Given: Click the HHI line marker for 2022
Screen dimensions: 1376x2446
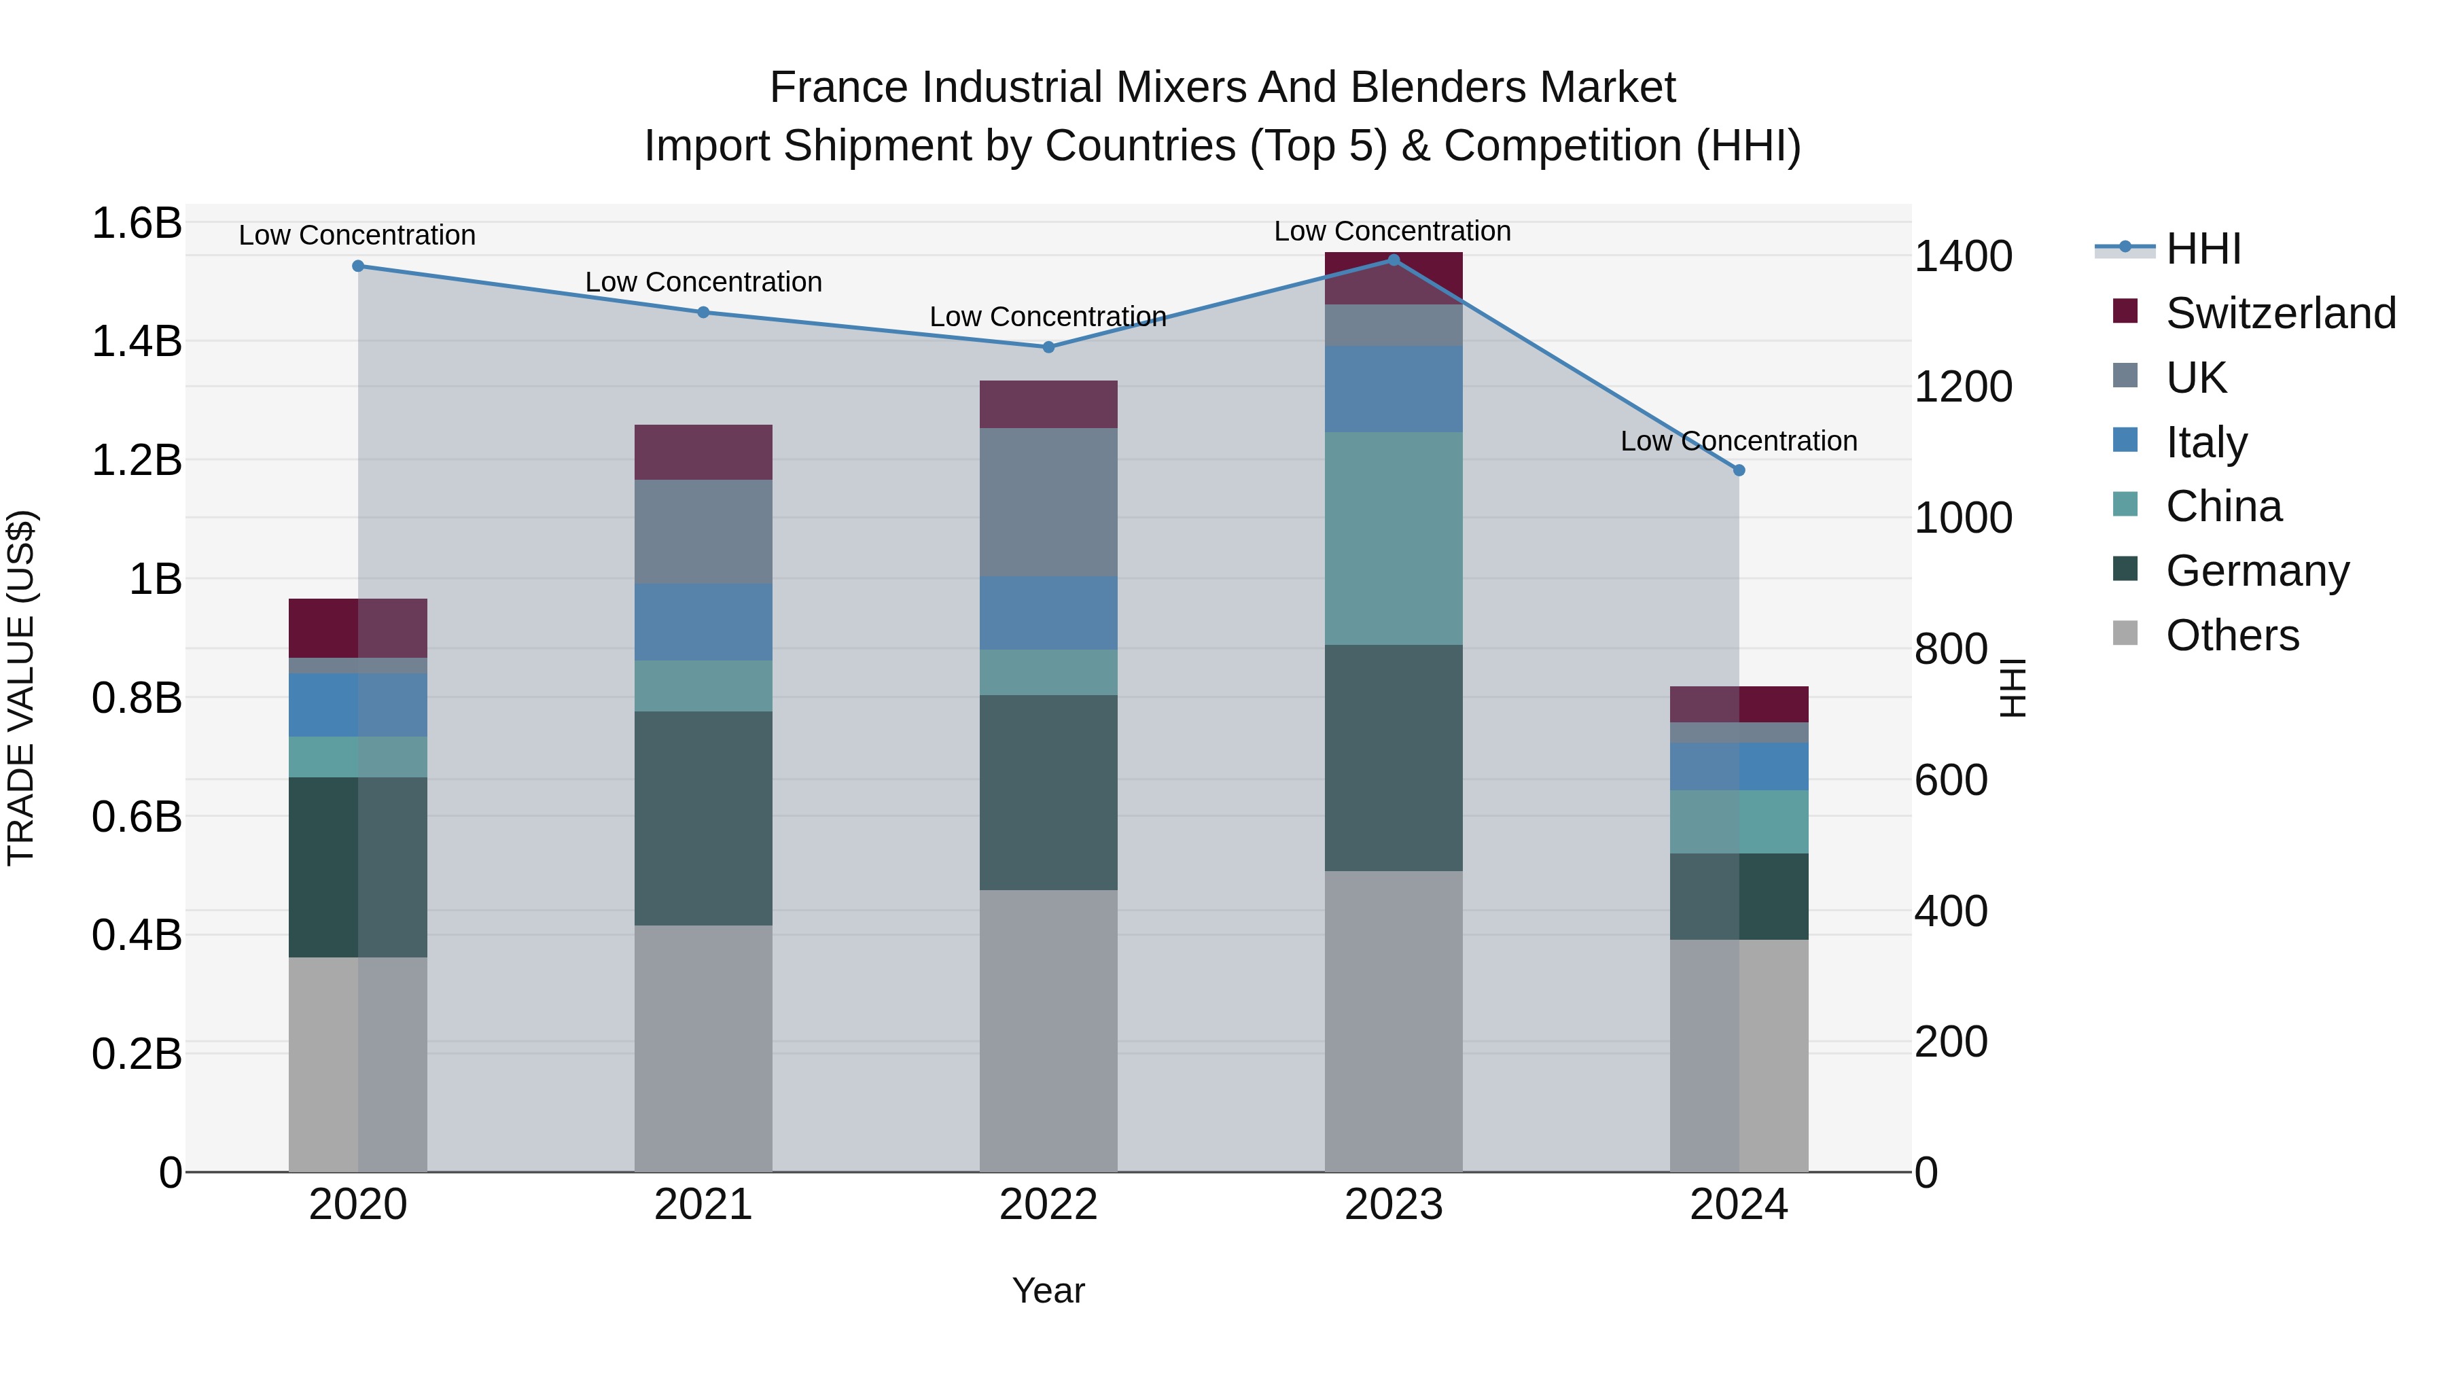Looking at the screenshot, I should [1048, 347].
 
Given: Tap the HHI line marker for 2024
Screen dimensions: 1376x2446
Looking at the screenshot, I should [1739, 470].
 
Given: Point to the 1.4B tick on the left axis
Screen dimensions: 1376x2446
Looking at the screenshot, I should [137, 342].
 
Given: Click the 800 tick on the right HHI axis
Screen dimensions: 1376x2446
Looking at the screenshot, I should [1950, 650].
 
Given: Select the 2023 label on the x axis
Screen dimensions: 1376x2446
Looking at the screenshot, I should [1393, 1205].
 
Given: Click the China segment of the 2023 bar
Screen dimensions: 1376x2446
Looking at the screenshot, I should [1393, 538].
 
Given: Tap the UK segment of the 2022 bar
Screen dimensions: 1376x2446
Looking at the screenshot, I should [1048, 502].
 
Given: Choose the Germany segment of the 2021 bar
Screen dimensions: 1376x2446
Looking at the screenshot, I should [703, 819].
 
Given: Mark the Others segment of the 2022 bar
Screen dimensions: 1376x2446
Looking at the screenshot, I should [1048, 1030].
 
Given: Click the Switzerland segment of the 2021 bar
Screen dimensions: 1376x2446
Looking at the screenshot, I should [703, 452].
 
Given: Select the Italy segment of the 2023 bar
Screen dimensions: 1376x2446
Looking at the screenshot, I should [1393, 389].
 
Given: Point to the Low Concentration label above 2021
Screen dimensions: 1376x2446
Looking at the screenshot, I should [703, 282].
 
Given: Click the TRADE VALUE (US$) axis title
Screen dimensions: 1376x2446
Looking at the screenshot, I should [21, 688].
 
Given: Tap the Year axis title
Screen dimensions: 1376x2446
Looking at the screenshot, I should [1048, 1290].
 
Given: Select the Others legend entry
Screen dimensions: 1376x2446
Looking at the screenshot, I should [2231, 635].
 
